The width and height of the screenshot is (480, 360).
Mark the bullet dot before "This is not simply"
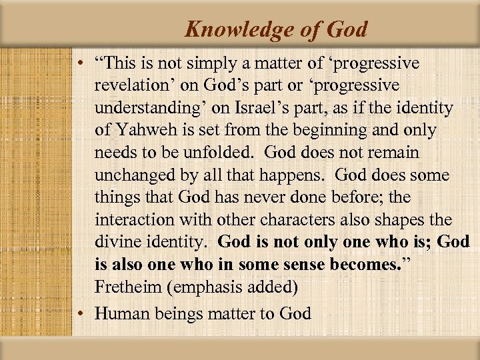pos(79,64)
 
